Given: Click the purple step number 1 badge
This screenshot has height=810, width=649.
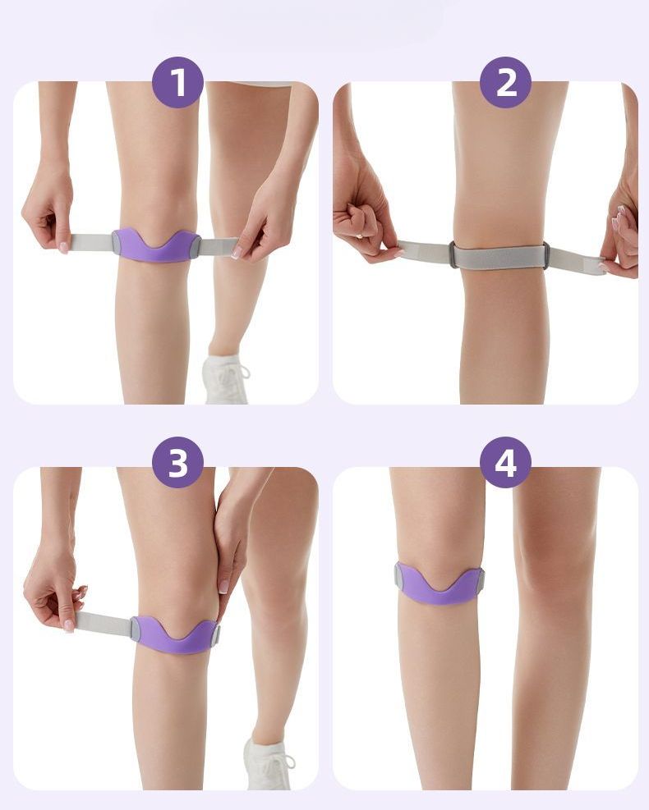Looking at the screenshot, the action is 177,82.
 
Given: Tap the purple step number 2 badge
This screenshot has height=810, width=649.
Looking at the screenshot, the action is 505,82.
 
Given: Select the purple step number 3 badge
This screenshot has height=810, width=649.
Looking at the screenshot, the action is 177,462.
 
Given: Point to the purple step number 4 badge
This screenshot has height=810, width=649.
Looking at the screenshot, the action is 505,462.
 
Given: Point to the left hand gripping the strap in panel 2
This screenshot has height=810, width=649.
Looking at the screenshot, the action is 365,217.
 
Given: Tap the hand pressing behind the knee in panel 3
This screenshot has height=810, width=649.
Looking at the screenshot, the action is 230,542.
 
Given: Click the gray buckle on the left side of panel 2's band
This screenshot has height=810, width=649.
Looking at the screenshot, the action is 453,254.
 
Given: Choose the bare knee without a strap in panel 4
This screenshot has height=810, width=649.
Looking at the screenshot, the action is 556,568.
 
